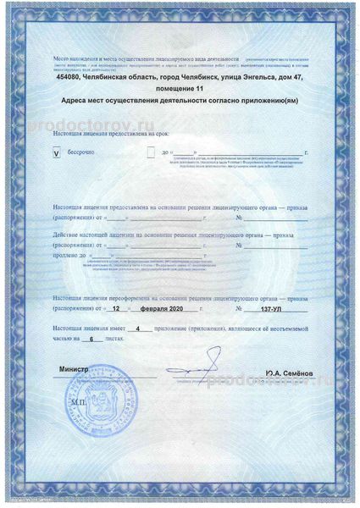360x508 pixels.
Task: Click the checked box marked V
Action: click(x=56, y=154)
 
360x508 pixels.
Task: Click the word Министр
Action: click(x=73, y=368)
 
